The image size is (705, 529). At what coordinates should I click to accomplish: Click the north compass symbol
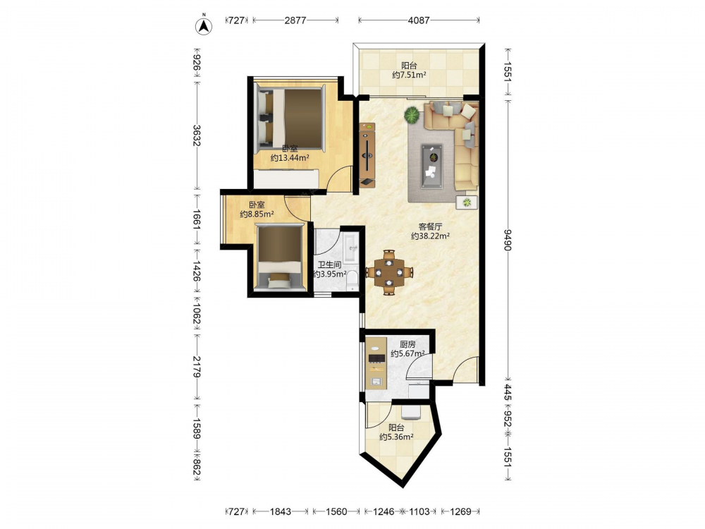[x=204, y=25]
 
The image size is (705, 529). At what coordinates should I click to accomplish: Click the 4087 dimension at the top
[x=419, y=20]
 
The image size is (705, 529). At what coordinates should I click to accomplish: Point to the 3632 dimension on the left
[x=197, y=135]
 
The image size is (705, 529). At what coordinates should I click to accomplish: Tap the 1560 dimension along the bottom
[x=336, y=511]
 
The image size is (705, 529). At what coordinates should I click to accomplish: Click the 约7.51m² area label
[x=409, y=75]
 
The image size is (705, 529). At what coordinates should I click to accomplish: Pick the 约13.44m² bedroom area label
[x=290, y=158]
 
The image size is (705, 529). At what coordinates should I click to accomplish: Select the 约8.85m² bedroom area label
[x=257, y=214]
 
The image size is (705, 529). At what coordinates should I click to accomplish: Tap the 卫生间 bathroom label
[x=329, y=265]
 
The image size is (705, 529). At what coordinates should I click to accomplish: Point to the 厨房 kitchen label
[x=407, y=345]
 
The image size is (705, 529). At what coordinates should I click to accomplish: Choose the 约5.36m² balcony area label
[x=396, y=437]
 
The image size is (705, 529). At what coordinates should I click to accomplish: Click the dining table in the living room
[x=389, y=272]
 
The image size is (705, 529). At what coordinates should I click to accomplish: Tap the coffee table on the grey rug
[x=431, y=166]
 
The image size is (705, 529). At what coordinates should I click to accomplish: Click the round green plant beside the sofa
[x=412, y=115]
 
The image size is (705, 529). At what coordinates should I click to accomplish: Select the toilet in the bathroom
[x=352, y=279]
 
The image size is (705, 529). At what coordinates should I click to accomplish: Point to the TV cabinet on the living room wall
[x=367, y=154]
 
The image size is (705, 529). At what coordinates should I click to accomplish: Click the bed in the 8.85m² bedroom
[x=280, y=257]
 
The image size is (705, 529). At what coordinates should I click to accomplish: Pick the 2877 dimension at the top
[x=295, y=20]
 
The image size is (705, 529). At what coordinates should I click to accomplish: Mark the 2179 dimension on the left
[x=197, y=366]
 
